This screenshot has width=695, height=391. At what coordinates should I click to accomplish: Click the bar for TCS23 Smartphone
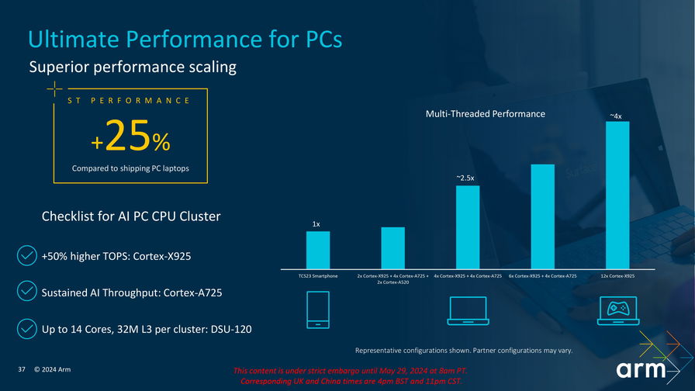pyautogui.click(x=318, y=249)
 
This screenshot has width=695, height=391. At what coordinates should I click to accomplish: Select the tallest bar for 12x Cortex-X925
pyautogui.click(x=617, y=194)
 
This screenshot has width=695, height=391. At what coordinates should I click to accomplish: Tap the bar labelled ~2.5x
pyautogui.click(x=468, y=226)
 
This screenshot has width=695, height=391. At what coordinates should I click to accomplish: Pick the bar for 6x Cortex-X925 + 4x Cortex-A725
pyautogui.click(x=542, y=215)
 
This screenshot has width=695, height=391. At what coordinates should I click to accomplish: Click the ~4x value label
pyautogui.click(x=616, y=116)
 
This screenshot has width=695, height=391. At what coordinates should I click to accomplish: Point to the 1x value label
pyautogui.click(x=316, y=224)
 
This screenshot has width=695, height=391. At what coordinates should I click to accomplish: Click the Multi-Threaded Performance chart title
pyautogui.click(x=486, y=114)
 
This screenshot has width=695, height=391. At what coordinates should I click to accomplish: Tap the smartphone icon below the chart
pyautogui.click(x=318, y=310)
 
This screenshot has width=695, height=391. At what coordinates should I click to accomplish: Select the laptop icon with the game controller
pyautogui.click(x=617, y=310)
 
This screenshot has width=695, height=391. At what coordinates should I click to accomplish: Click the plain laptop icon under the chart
pyautogui.click(x=468, y=310)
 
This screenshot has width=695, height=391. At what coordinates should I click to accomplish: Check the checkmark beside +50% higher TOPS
pyautogui.click(x=26, y=256)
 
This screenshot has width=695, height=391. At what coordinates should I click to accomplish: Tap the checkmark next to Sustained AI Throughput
pyautogui.click(x=26, y=292)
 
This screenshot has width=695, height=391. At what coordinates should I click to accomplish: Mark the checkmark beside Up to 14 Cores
pyautogui.click(x=26, y=330)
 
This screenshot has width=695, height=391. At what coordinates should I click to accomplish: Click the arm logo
pyautogui.click(x=641, y=369)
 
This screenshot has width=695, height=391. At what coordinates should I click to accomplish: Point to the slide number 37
pyautogui.click(x=22, y=369)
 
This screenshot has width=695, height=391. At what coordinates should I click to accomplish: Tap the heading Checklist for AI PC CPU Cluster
pyautogui.click(x=131, y=216)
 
